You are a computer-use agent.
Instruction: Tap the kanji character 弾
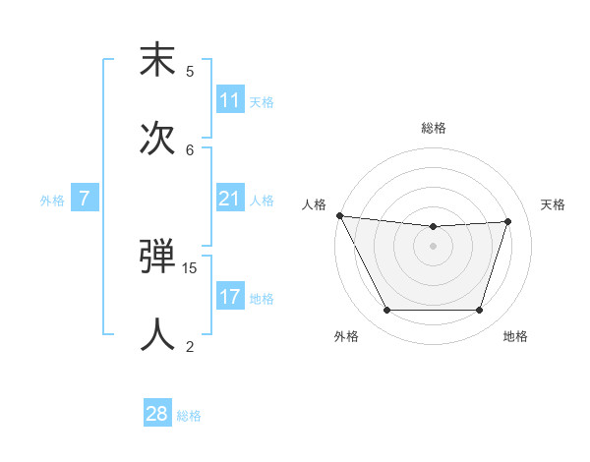[x=157, y=258]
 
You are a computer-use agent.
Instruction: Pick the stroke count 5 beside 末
[x=190, y=71]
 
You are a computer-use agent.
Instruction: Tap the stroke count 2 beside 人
[x=190, y=345]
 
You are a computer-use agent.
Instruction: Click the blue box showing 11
[x=230, y=100]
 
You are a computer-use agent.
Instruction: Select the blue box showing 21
[x=230, y=199]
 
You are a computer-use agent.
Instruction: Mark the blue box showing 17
[x=230, y=297]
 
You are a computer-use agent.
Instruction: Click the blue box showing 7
[x=85, y=199]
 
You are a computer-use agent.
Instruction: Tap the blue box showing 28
[x=157, y=414]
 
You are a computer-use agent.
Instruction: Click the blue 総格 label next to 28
[x=189, y=416]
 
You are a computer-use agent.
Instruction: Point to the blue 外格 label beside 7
[x=52, y=201]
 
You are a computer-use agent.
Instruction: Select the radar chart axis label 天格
[x=553, y=204]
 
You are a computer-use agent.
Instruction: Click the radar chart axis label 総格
[x=434, y=128]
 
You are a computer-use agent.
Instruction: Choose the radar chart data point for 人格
[x=340, y=215]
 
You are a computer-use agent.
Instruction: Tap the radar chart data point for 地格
[x=479, y=311]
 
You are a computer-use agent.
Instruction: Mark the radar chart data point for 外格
[x=386, y=311]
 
